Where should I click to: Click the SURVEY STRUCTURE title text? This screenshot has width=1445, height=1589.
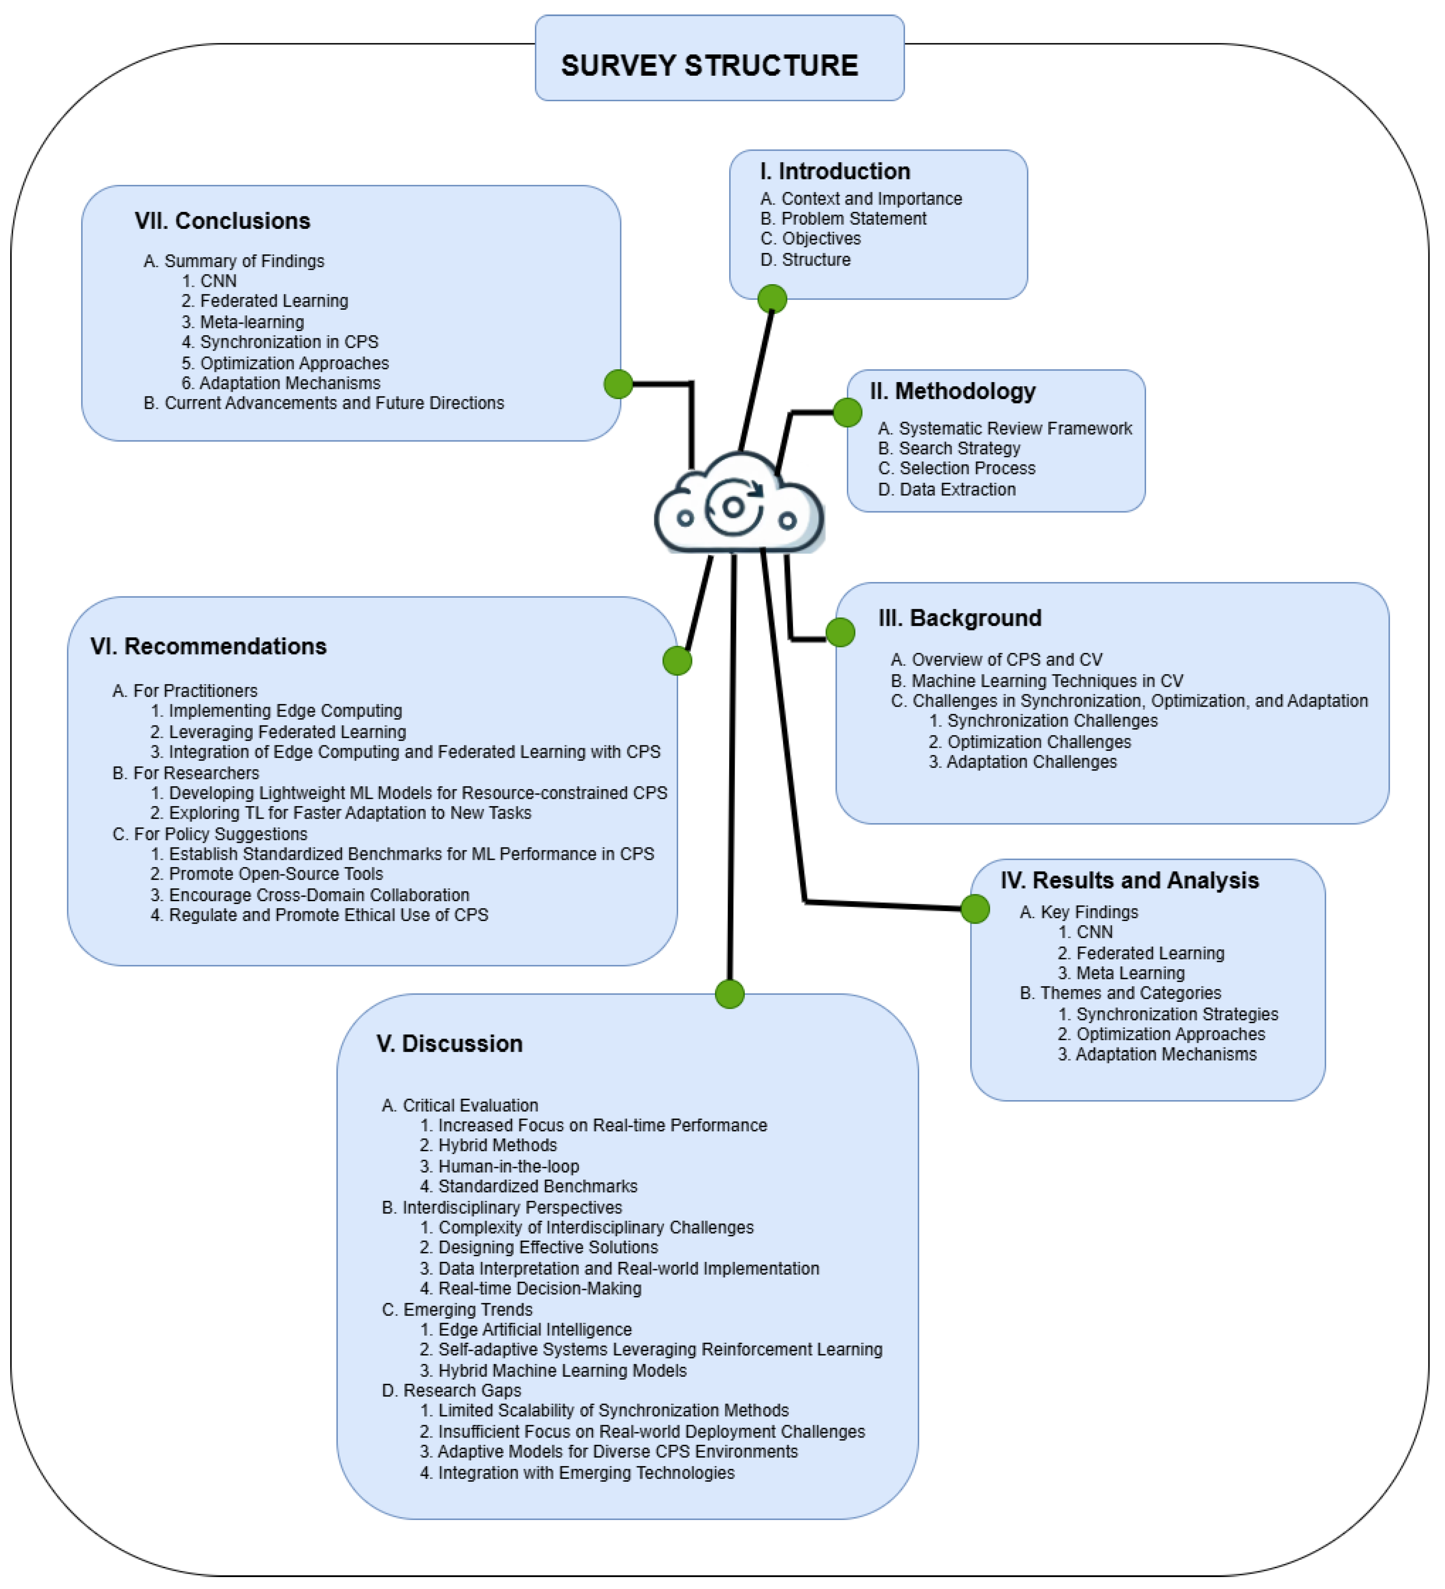(709, 66)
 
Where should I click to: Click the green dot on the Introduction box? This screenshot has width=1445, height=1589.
(771, 299)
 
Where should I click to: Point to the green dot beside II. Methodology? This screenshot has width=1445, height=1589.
(847, 411)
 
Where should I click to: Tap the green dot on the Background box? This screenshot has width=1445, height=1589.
(840, 632)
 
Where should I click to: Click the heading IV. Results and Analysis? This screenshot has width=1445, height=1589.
(1129, 880)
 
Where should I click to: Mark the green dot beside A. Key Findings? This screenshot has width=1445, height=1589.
(975, 909)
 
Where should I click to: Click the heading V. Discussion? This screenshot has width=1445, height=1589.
(449, 1044)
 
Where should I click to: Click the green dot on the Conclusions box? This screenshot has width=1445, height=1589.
(618, 384)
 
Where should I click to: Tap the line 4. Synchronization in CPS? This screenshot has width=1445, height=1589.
(280, 342)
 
